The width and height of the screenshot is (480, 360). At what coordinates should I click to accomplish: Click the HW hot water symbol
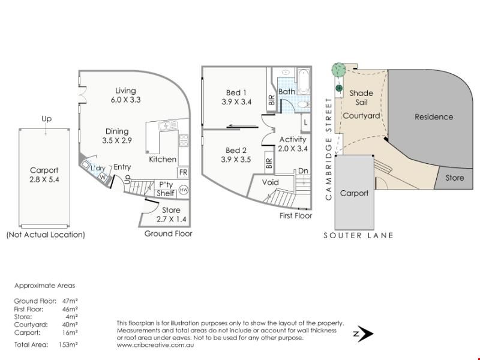click(184, 190)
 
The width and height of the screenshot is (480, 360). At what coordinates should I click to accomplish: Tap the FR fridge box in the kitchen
click(184, 172)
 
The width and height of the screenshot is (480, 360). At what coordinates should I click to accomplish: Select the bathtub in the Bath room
click(304, 82)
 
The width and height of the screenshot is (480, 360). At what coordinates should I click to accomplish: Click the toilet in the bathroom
click(304, 104)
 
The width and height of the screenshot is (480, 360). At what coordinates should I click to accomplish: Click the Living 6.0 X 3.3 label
click(125, 95)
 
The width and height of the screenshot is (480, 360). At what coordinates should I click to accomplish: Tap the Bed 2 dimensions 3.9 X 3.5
click(236, 160)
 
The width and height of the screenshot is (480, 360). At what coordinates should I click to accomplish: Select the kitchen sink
click(168, 125)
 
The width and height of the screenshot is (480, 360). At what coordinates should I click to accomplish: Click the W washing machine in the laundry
click(103, 177)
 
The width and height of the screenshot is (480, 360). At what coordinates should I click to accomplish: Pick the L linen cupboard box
click(305, 122)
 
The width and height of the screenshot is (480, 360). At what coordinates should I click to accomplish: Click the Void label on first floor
click(271, 182)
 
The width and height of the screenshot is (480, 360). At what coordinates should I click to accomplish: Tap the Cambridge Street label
click(329, 149)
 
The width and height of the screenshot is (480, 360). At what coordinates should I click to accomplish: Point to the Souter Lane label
click(358, 235)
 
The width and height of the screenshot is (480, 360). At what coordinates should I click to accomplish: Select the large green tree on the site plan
click(338, 70)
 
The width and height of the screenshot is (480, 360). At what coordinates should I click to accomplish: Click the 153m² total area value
click(68, 344)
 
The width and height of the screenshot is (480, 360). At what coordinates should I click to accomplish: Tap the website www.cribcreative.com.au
click(155, 345)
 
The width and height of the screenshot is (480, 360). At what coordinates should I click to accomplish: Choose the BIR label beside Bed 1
click(271, 100)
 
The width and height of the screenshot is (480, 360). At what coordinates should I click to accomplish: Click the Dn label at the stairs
click(303, 171)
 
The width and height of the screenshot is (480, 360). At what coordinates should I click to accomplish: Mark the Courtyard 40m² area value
click(70, 325)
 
